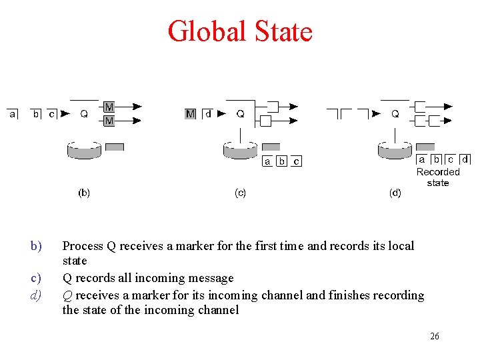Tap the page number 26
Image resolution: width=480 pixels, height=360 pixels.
click(434, 337)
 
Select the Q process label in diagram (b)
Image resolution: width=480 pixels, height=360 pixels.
click(84, 114)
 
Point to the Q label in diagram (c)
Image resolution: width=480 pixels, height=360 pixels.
click(240, 114)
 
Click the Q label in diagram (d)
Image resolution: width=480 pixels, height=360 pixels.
click(395, 114)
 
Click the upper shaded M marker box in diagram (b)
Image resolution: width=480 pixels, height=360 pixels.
click(109, 107)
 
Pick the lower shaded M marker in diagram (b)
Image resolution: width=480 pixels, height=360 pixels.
click(109, 121)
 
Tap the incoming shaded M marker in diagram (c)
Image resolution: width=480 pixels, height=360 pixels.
click(191, 114)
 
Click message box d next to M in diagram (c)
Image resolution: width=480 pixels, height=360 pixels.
click(208, 114)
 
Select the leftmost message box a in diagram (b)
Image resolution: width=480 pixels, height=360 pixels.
click(13, 114)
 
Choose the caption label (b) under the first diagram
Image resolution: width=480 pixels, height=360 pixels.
click(84, 193)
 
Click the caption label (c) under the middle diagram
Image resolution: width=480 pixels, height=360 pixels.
click(240, 193)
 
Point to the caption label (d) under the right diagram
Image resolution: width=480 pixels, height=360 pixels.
click(395, 193)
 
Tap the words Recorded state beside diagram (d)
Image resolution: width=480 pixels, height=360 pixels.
click(438, 177)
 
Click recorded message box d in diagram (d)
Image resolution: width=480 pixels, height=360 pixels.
click(465, 160)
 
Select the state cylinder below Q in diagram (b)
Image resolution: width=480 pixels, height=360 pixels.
click(84, 150)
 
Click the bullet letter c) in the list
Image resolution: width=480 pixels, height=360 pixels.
click(36, 278)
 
